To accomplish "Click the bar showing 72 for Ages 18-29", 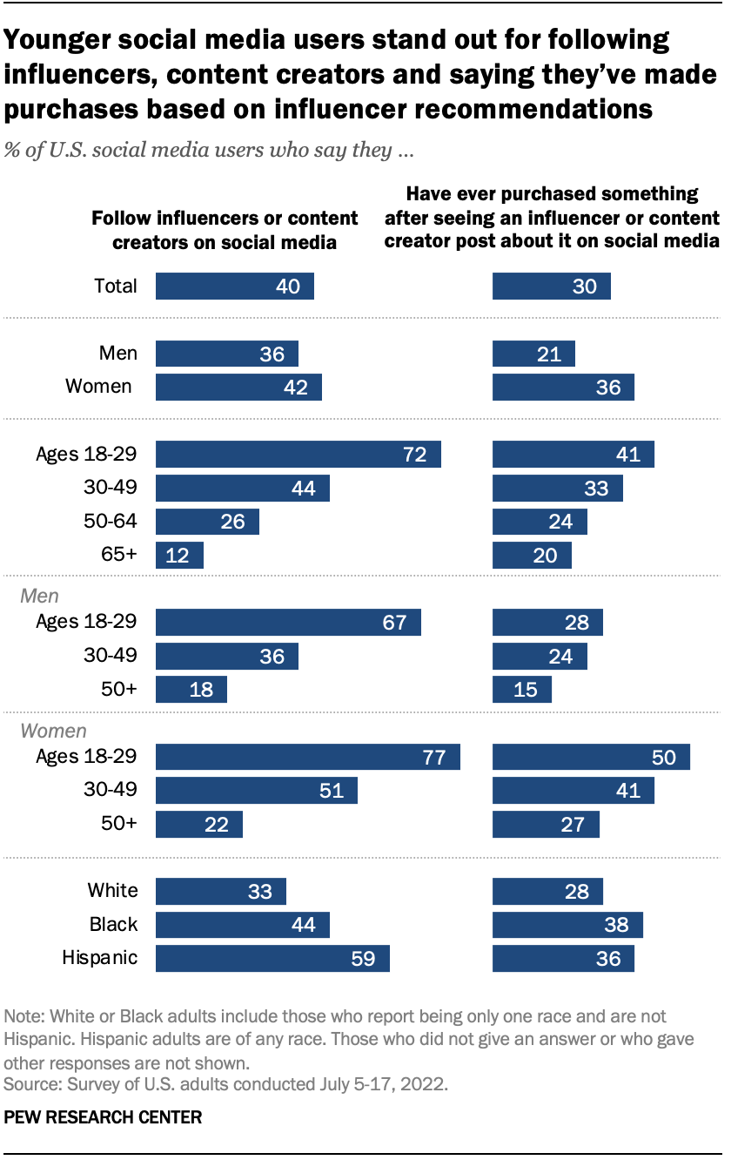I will tap(298, 455).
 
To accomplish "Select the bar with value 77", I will tap(307, 757).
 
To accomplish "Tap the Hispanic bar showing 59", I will tap(272, 958).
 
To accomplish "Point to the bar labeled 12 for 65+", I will tap(179, 556).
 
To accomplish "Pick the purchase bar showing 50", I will tap(591, 757).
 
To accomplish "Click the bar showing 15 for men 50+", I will tap(522, 689).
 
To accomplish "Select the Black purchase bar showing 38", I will tap(567, 925).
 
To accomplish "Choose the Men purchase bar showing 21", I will tap(533, 354).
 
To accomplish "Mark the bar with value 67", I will tap(288, 623).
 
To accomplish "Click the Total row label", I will tap(115, 286).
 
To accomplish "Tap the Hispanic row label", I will tap(100, 958).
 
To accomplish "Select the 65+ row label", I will tap(119, 556).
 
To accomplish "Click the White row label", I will tap(112, 890).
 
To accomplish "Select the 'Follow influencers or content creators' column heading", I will tap(225, 230).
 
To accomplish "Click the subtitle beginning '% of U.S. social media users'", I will tap(208, 150).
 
